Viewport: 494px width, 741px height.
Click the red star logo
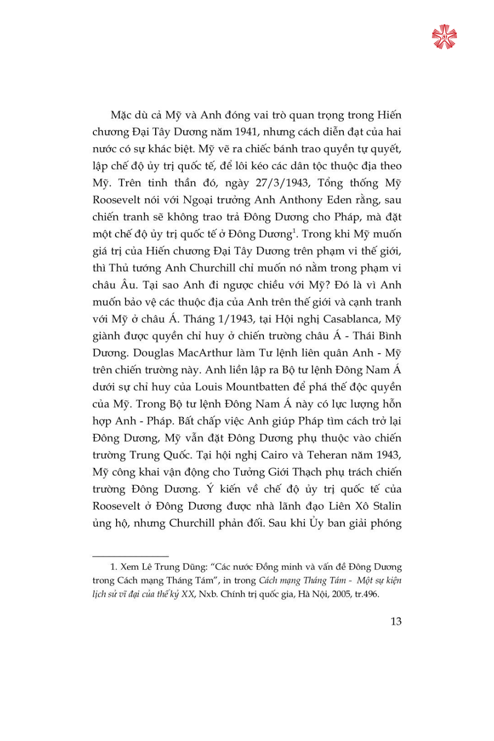click(444, 37)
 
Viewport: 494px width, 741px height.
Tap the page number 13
click(396, 621)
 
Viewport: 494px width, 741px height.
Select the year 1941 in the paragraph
click(246, 132)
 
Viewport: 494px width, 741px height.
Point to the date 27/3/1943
click(283, 183)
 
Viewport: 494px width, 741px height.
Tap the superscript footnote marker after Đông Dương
click(294, 230)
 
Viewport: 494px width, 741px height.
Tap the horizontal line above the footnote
click(130, 557)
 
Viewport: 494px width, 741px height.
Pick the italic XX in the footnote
click(188, 594)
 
